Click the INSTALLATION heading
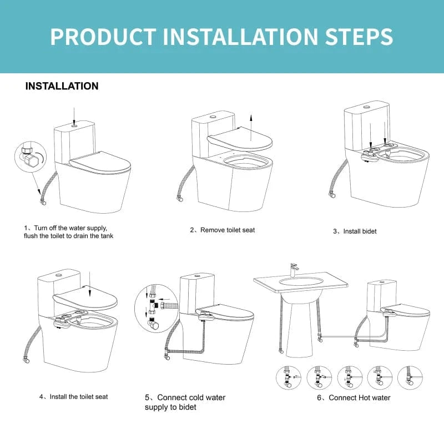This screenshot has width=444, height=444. click(x=62, y=87)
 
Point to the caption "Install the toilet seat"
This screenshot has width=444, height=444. click(x=77, y=396)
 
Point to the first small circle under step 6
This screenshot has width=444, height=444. click(x=287, y=377)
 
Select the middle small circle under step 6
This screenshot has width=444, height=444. click(x=350, y=377)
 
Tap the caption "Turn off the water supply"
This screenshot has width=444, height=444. click(x=70, y=228)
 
